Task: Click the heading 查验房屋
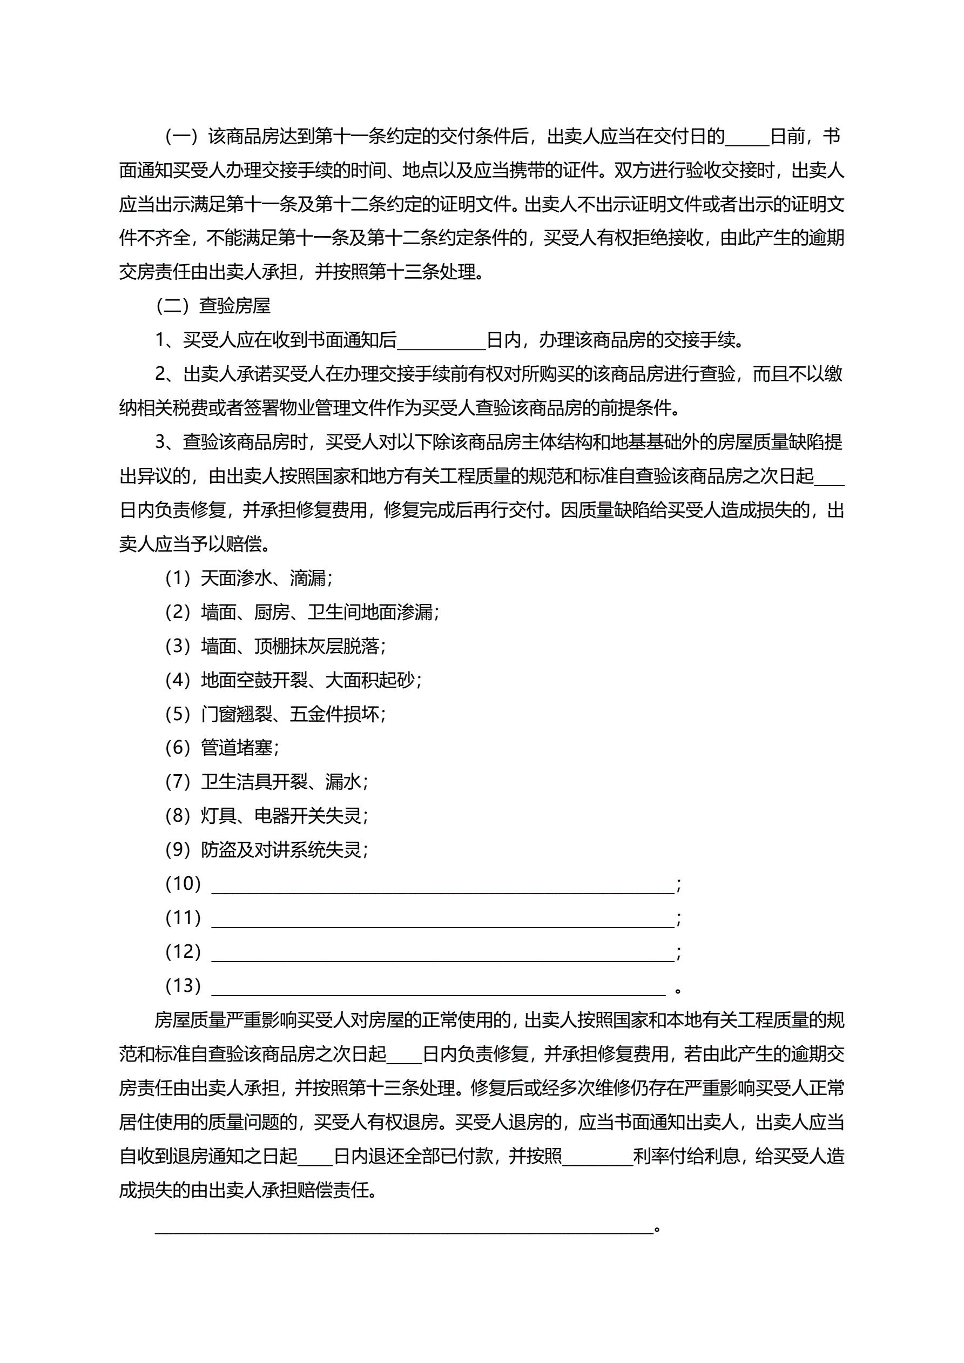coord(234,306)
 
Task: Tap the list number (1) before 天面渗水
coord(178,578)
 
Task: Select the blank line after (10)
coord(443,884)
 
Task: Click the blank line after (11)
coord(443,918)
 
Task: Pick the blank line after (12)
coord(443,952)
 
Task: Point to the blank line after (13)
coord(439,986)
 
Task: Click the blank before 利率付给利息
coord(597,1156)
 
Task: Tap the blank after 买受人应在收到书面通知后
coord(442,340)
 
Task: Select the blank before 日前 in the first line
coord(747,137)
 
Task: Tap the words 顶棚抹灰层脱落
coord(317,646)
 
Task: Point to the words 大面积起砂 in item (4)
coord(370,680)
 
